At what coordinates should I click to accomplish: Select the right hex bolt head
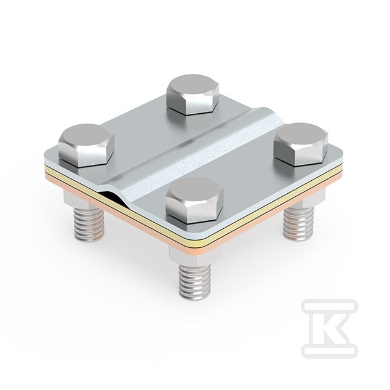click(x=301, y=144)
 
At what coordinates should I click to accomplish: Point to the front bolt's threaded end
click(x=195, y=282)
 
